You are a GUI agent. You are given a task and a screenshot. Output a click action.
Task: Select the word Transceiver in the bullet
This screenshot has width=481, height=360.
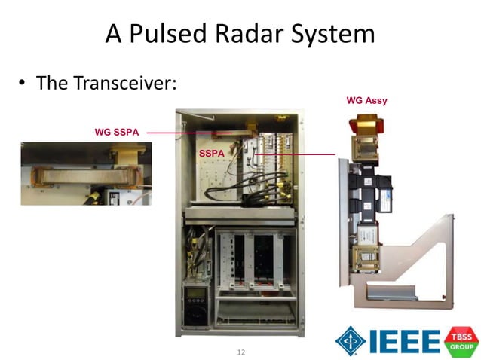[124, 83]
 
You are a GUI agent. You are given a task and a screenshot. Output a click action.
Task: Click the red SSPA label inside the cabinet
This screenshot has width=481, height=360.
[212, 154]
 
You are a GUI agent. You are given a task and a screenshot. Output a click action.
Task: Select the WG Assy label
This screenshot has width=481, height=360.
[366, 99]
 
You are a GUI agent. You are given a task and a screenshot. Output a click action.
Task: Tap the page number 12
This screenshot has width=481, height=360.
[241, 352]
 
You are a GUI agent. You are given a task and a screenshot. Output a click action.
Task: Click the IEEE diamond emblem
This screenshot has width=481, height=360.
[351, 340]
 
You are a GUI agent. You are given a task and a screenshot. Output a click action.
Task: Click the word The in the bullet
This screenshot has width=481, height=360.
[53, 83]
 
